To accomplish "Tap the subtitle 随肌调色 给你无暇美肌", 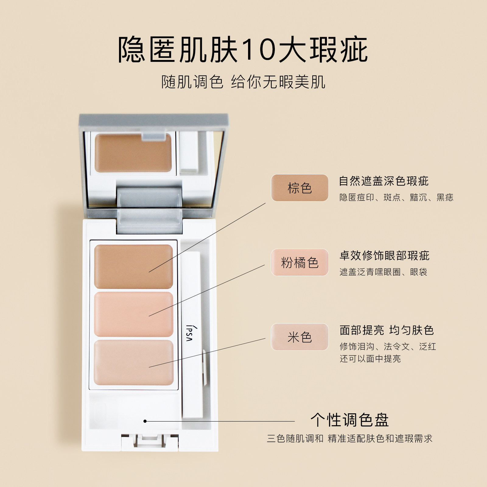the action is click(x=243, y=82).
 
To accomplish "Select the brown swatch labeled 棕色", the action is click(x=300, y=188).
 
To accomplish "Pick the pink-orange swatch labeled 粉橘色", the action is click(x=300, y=262).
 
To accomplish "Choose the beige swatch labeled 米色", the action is click(x=300, y=337).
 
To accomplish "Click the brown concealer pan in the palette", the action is click(x=134, y=267).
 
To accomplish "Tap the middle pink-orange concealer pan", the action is click(x=134, y=314).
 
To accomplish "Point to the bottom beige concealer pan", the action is click(x=134, y=362).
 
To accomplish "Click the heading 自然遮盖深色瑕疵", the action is click(x=384, y=181).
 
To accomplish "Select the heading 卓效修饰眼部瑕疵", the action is click(x=384, y=256).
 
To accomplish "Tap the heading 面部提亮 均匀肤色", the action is click(x=387, y=330).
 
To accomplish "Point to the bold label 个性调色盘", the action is click(x=350, y=420).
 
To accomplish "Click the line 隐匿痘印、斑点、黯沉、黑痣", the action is click(x=397, y=198).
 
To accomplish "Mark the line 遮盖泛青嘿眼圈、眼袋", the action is click(x=384, y=272).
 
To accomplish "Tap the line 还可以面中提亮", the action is click(x=370, y=359).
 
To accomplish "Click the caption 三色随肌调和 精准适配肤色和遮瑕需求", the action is click(x=350, y=439).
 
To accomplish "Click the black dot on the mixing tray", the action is click(x=145, y=421).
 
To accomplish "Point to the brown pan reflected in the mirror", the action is click(x=133, y=152).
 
